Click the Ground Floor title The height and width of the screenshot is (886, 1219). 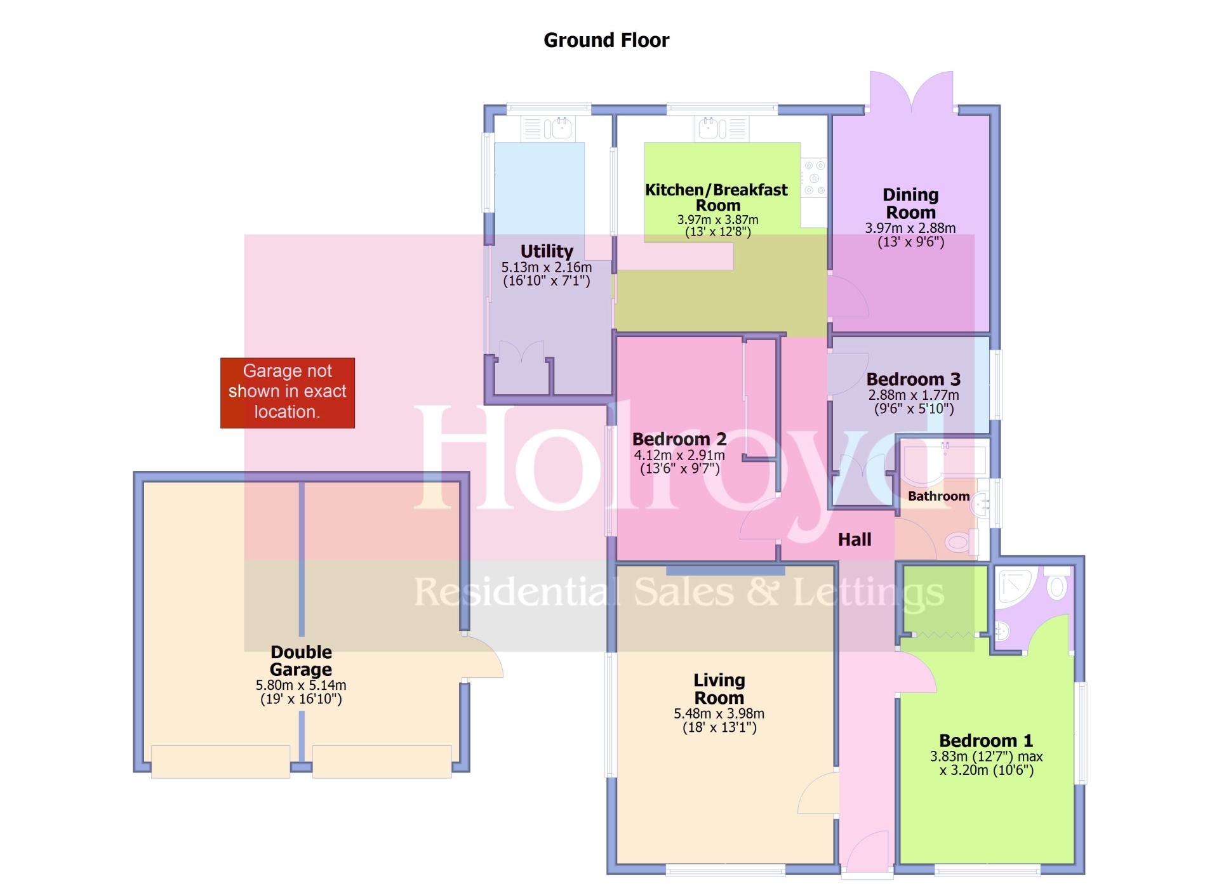point(606,40)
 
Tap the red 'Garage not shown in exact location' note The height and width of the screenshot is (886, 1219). point(288,392)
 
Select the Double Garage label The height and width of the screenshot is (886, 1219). point(301,661)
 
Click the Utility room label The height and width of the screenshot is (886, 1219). point(547,251)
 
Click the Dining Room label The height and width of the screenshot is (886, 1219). point(910,203)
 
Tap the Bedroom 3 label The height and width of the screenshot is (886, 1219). point(914,379)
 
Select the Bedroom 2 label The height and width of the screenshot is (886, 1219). point(679,439)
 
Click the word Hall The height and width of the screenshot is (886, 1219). point(855,539)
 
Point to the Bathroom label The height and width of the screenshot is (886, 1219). point(938,496)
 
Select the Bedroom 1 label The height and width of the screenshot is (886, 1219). point(986,741)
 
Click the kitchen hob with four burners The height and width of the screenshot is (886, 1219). point(814,177)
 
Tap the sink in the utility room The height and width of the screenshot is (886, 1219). point(548,129)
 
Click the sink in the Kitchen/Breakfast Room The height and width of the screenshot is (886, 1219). point(723,129)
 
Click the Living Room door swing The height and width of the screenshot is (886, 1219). point(818,793)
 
